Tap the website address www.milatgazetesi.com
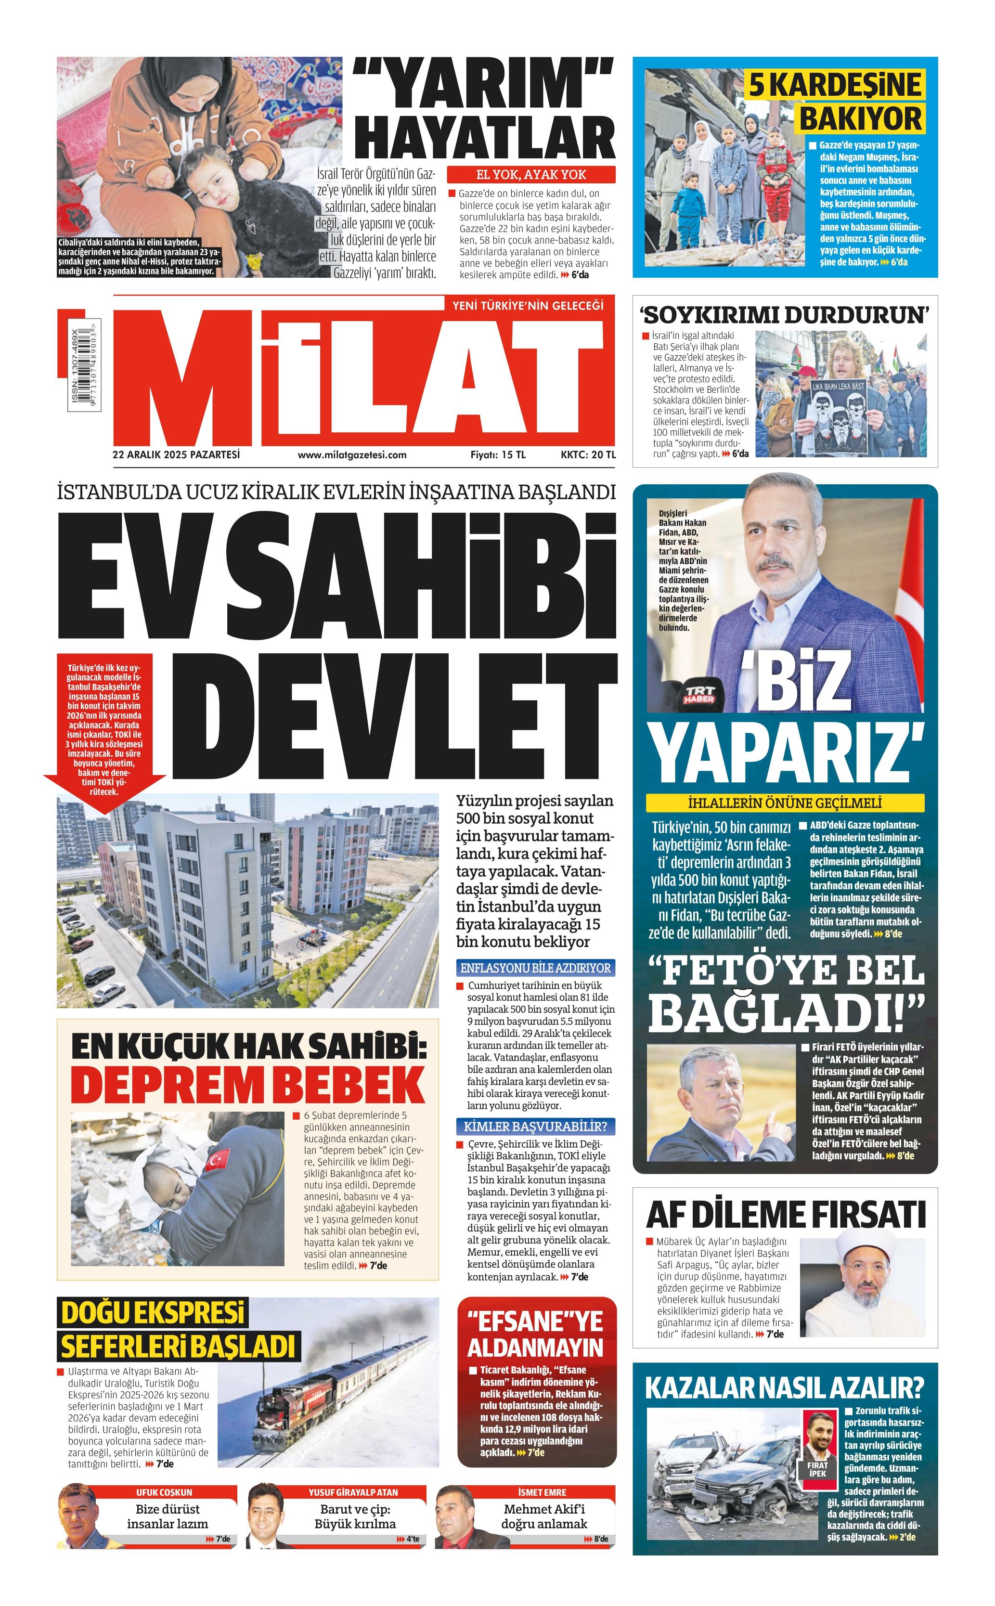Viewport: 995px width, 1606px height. pos(351,454)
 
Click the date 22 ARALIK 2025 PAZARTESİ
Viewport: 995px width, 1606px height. pos(176,454)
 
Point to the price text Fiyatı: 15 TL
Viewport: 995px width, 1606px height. pos(498,454)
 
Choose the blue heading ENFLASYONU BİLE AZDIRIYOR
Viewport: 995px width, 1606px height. pos(536,968)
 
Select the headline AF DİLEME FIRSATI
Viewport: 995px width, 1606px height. pos(785,1215)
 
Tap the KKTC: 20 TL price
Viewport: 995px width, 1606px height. pos(588,454)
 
